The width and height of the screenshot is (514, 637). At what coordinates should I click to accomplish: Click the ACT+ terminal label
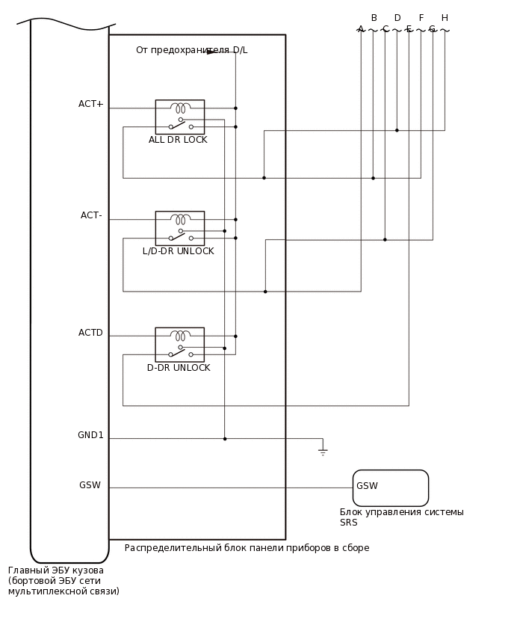91,104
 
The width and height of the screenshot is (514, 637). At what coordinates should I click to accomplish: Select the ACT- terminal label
91,215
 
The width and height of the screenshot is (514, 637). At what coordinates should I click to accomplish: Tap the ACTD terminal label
90,333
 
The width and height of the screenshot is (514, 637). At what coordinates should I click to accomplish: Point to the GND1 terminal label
90,435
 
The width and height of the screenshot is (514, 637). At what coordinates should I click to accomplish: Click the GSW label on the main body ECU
90,485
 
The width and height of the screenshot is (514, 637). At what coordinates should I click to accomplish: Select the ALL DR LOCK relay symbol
179,117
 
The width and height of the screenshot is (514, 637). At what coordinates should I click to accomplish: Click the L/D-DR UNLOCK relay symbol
179,228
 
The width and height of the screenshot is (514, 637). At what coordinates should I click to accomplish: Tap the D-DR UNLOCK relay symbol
179,344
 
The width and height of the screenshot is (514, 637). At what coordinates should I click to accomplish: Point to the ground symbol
323,452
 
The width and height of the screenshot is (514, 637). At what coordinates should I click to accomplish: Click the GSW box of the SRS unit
390,487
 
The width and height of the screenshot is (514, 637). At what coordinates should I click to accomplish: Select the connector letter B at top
374,18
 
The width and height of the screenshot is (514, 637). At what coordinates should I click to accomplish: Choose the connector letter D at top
397,18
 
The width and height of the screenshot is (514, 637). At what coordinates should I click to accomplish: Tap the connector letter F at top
421,18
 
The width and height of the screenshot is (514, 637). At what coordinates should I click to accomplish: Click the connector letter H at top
445,18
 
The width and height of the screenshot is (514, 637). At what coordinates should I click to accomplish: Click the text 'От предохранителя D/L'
191,50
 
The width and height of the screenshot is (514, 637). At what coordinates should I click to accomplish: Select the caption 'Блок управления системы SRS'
401,517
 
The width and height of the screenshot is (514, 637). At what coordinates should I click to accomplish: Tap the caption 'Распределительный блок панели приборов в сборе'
247,548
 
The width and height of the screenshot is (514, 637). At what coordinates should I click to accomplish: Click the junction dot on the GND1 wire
225,439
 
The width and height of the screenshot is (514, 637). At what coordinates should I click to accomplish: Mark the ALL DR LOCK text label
178,140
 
